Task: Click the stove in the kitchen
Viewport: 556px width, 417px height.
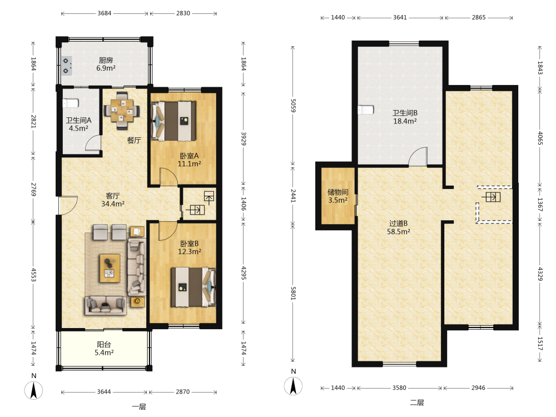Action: (x=67, y=66)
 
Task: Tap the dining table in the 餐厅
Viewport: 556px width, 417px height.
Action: (x=122, y=110)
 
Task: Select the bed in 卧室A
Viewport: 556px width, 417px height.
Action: (x=173, y=121)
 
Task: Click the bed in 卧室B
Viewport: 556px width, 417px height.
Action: (x=193, y=287)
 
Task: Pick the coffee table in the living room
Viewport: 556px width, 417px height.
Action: (x=110, y=268)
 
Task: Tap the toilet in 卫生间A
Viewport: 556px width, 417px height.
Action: (x=71, y=103)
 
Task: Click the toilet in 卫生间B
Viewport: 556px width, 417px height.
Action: (x=366, y=109)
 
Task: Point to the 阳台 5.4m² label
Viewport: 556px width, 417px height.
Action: (x=104, y=348)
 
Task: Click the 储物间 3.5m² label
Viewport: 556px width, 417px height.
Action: (x=337, y=196)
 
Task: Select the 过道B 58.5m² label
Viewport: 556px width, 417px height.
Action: (x=399, y=227)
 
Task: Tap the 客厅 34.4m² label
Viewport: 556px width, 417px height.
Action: (x=113, y=200)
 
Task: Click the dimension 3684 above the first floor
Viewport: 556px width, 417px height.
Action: (x=105, y=13)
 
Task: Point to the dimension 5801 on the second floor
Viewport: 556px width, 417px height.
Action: (x=293, y=293)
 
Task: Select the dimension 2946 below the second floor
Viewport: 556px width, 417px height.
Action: (x=478, y=388)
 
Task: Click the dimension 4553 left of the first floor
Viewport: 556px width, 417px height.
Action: (x=33, y=275)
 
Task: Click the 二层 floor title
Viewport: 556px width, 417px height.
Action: (x=417, y=402)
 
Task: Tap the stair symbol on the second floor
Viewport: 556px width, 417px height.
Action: (x=491, y=197)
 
